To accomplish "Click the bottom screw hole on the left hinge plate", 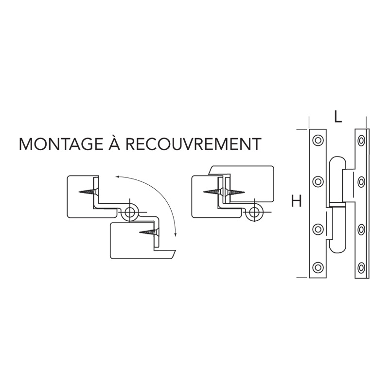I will [318, 266].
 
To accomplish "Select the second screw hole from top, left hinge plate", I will [318, 182].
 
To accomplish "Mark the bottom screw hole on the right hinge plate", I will [361, 266].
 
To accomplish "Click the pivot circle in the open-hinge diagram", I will [130, 212].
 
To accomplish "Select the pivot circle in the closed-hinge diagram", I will [254, 212].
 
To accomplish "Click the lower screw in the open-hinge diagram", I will [148, 233].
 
